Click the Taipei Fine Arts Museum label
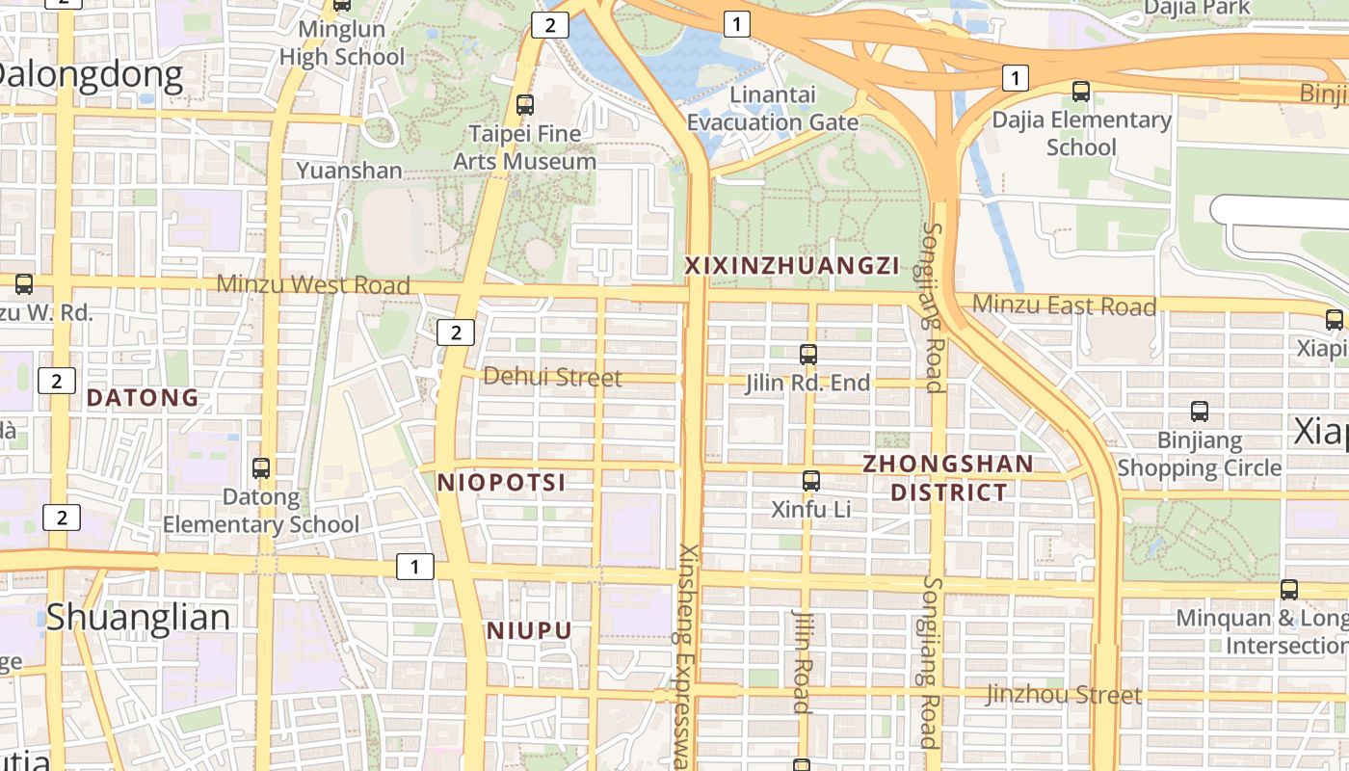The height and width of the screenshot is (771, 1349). tap(525, 147)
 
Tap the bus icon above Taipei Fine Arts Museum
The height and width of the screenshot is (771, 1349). tap(525, 105)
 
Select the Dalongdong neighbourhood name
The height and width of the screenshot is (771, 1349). tap(92, 75)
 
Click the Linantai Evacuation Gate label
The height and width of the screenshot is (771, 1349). tap(773, 109)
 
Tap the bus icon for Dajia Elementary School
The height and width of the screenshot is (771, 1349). tap(1081, 92)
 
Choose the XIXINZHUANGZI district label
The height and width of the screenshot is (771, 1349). tap(791, 266)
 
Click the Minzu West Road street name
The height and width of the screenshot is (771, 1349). tap(313, 285)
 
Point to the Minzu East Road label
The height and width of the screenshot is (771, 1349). tap(1064, 306)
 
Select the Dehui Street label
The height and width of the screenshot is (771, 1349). tap(552, 377)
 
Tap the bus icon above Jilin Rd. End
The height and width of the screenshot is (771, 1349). tap(808, 355)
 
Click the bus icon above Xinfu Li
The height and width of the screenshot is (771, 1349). tap(811, 480)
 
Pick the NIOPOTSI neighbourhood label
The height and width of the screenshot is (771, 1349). tap(501, 483)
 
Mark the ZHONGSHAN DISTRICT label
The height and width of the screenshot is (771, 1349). tap(948, 478)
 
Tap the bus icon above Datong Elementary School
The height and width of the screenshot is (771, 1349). tap(261, 468)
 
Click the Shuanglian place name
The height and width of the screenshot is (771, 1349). tap(139, 617)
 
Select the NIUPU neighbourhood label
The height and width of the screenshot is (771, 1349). tap(529, 631)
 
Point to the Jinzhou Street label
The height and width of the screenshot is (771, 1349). tap(1064, 695)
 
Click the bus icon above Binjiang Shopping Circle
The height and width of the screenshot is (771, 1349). tap(1200, 412)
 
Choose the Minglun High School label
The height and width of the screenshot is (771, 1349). tap(342, 43)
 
